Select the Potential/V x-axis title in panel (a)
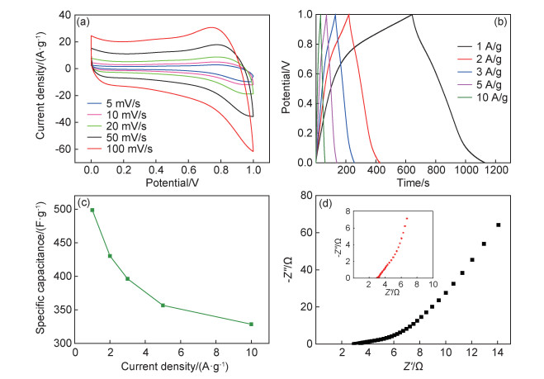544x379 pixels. tap(172, 181)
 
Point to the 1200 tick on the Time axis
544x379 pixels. tap(495, 169)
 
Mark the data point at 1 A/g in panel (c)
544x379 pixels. tap(92, 210)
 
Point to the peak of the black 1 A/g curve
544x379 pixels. tap(412, 15)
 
